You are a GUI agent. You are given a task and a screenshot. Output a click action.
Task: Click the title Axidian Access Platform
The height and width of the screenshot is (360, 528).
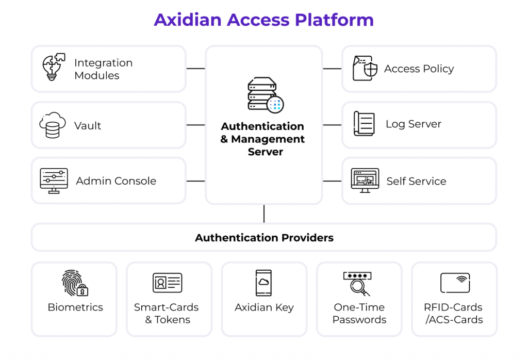[263, 20]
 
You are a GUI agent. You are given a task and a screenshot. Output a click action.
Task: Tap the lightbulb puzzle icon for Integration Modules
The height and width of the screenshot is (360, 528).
[53, 67]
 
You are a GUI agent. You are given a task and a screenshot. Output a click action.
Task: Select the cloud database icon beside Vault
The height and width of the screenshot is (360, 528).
[53, 125]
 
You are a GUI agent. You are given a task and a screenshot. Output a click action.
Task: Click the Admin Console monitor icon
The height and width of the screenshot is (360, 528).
[54, 181]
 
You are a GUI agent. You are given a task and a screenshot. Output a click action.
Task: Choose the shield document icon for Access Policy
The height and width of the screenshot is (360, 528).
[365, 69]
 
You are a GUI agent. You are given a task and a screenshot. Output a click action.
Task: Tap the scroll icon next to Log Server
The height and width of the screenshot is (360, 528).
[364, 124]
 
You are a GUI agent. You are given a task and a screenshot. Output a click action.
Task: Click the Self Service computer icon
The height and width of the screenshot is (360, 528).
[365, 181]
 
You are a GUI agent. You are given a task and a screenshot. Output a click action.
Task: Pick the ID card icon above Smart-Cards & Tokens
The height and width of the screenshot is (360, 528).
[167, 283]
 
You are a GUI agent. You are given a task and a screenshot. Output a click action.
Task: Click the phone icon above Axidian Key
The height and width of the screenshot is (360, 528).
[263, 283]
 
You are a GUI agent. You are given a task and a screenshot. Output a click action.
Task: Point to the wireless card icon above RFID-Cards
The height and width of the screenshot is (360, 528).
[455, 283]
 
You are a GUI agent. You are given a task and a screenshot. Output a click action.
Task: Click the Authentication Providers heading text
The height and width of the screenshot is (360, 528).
[264, 238]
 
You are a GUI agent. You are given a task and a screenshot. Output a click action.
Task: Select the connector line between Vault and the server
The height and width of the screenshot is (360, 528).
[195, 125]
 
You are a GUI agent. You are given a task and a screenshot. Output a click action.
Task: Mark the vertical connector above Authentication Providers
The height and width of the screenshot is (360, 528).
[264, 214]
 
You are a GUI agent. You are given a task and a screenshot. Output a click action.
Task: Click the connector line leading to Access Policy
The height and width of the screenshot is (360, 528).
[332, 69]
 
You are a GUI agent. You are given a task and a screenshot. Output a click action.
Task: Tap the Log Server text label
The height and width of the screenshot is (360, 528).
[414, 124]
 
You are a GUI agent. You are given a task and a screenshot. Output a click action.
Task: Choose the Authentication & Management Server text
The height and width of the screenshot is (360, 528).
[262, 139]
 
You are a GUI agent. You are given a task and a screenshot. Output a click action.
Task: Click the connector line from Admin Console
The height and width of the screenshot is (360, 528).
[195, 181]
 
